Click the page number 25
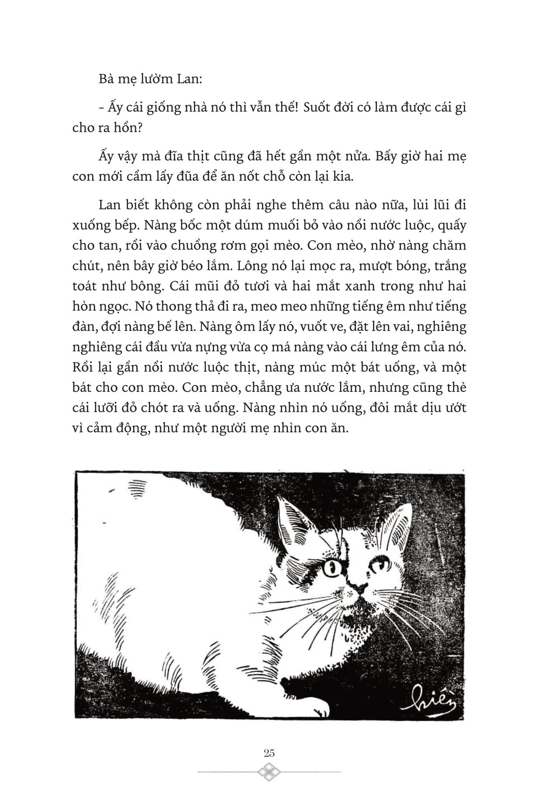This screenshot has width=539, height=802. click(x=269, y=752)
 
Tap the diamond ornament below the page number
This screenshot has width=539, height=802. click(x=269, y=772)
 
